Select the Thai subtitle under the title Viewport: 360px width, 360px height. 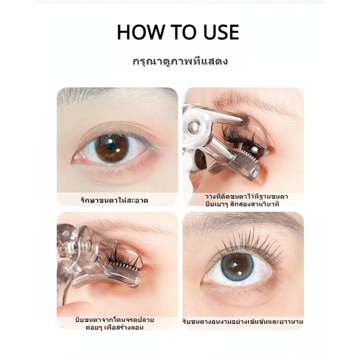(x=180, y=62)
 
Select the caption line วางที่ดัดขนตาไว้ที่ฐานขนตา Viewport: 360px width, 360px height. (x=247, y=197)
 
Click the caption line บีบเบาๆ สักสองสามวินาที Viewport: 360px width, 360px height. (x=242, y=204)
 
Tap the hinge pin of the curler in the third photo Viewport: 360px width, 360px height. (x=88, y=245)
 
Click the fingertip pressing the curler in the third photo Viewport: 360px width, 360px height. (x=74, y=310)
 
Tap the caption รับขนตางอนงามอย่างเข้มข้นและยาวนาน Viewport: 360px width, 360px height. (x=243, y=322)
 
